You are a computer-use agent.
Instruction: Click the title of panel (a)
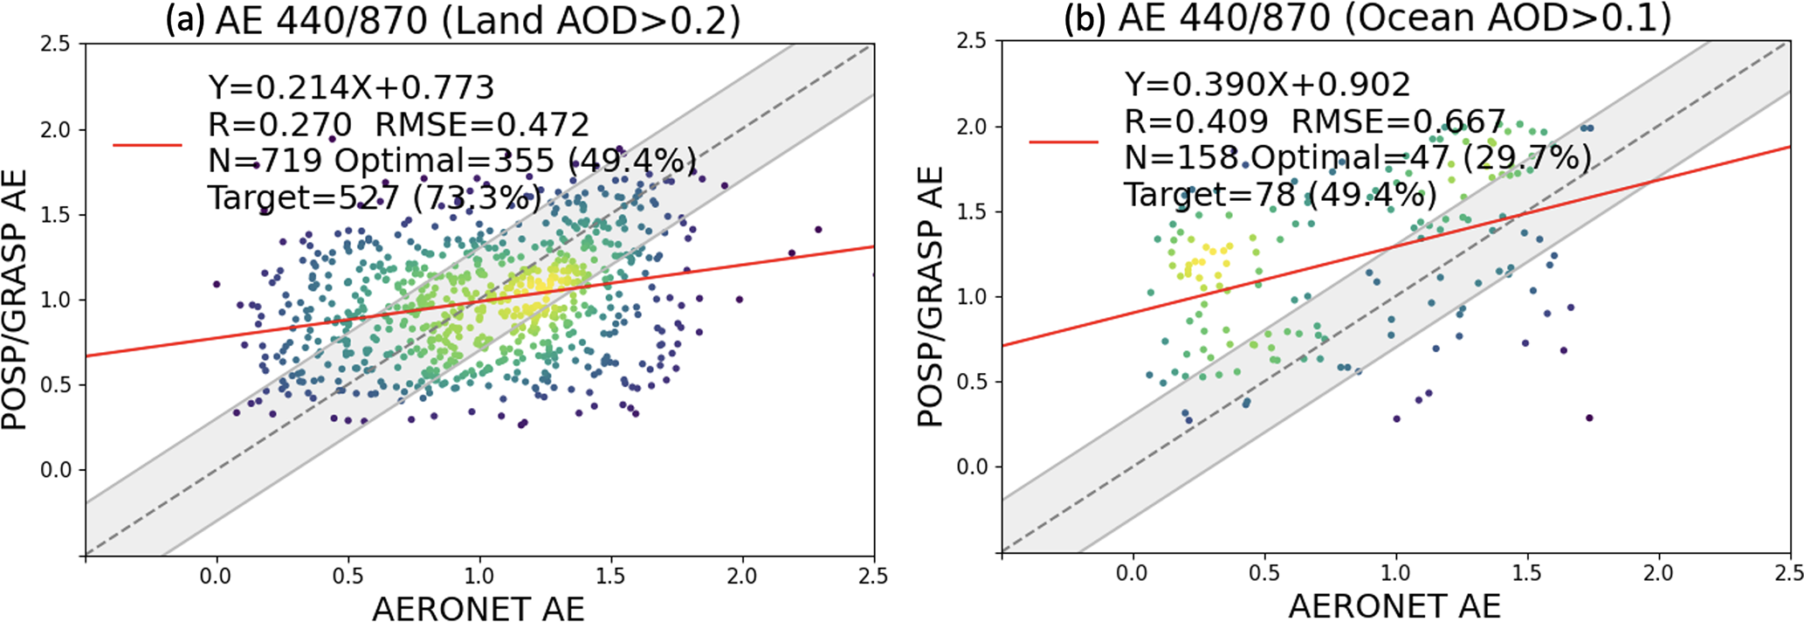[x=453, y=20]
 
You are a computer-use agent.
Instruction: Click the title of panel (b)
[x=1367, y=18]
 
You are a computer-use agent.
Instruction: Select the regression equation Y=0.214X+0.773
[x=351, y=87]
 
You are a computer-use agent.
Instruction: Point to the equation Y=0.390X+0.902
[x=1267, y=85]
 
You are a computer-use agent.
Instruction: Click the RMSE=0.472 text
[x=482, y=125]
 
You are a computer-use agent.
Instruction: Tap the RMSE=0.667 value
[x=1398, y=122]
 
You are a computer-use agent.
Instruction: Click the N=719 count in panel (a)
[x=265, y=161]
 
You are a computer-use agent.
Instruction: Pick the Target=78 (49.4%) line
[x=1280, y=194]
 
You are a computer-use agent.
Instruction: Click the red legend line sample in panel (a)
[x=148, y=145]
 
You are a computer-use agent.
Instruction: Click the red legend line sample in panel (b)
[x=1064, y=142]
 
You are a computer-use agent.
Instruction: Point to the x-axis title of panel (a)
[x=478, y=608]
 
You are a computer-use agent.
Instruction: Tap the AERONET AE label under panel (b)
[x=1394, y=605]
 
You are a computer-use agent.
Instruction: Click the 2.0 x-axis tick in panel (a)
[x=742, y=577]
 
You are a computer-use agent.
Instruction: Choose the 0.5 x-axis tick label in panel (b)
[x=1264, y=574]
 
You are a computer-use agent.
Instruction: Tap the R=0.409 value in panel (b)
[x=1195, y=122]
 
